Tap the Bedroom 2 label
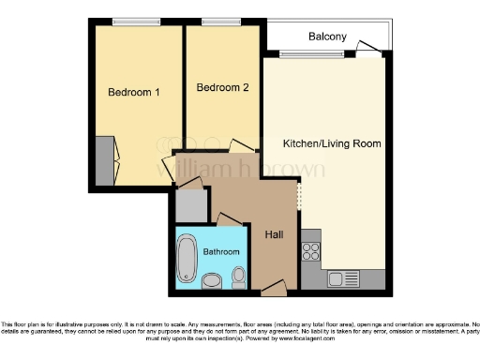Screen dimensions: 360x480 (x=222, y=88)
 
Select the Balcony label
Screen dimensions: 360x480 (x=327, y=37)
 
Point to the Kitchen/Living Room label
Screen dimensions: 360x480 (x=331, y=143)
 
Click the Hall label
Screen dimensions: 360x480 (x=275, y=234)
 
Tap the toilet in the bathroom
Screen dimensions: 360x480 (x=239, y=276)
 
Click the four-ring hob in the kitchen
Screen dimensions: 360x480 (x=311, y=251)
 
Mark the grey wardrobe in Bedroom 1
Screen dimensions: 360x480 (x=103, y=159)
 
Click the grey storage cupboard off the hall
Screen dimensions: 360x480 (x=190, y=205)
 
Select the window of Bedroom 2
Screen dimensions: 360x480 (x=222, y=22)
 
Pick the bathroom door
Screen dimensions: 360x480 (x=228, y=220)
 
